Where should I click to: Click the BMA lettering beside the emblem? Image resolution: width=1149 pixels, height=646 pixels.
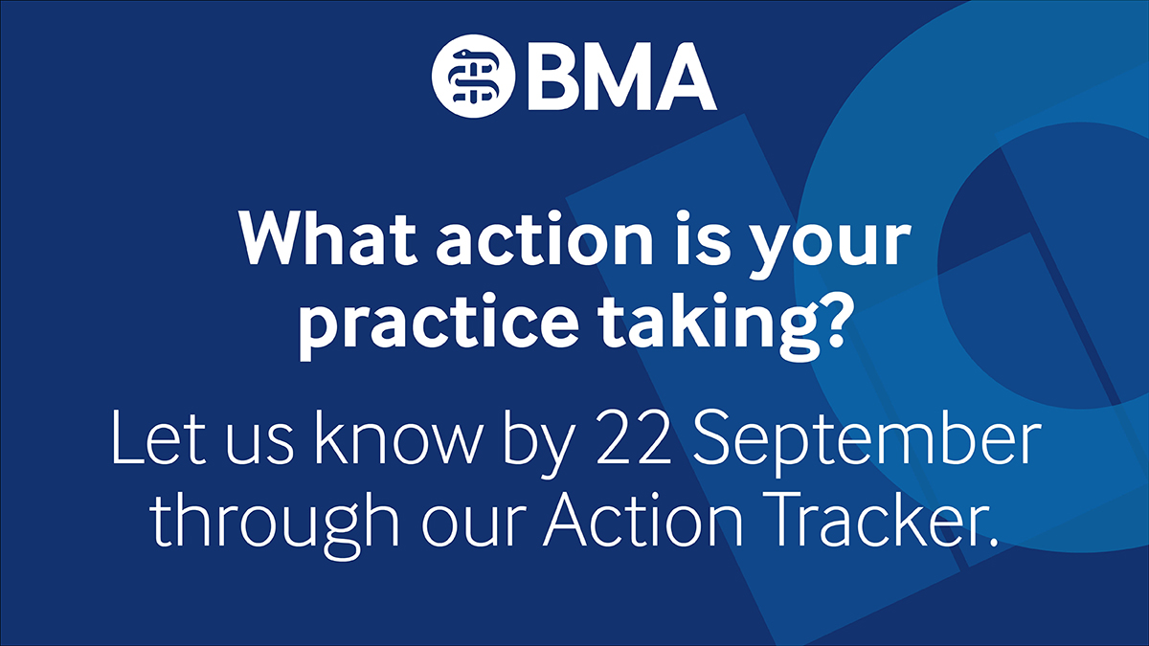[620, 78]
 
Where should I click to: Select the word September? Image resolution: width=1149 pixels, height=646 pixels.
[867, 440]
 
